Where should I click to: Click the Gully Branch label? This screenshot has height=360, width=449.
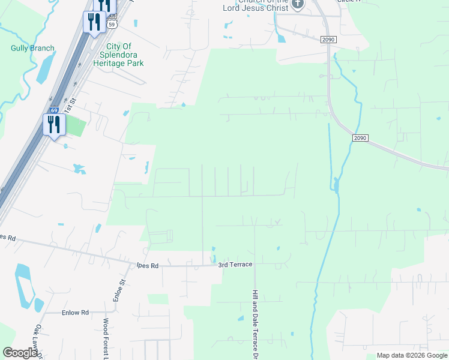(32, 48)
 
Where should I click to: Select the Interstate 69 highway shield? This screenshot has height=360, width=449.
(53, 111)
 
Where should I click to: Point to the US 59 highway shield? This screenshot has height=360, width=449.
(112, 25)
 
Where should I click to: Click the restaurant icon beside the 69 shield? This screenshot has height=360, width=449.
(54, 125)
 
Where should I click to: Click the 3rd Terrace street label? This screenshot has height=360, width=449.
(235, 265)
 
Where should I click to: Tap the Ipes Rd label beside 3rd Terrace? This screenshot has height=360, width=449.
(146, 265)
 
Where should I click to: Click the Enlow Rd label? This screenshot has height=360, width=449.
(75, 313)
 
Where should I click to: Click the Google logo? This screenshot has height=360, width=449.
(20, 353)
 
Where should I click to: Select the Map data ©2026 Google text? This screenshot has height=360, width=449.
(411, 355)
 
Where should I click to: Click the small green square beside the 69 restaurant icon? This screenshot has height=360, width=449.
(75, 125)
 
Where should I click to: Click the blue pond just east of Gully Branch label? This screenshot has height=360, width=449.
(43, 71)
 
